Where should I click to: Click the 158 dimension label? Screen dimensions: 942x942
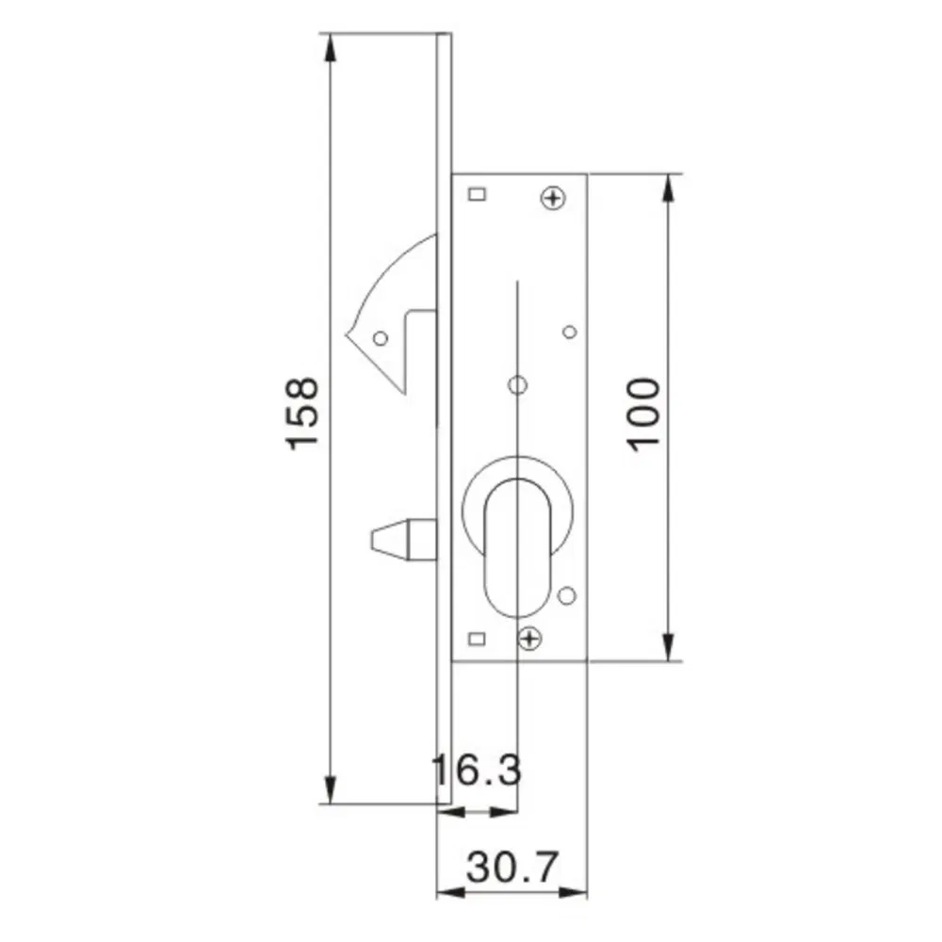pos(303,414)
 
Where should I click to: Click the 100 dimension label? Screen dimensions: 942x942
pos(643,414)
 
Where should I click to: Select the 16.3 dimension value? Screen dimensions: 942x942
pos(477,771)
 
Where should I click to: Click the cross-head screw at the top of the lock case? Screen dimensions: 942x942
pos(553,198)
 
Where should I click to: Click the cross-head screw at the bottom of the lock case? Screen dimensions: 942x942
pos(531,639)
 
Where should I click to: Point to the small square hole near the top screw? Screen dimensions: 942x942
pos(477,195)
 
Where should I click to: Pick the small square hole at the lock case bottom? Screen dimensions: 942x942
pos(477,639)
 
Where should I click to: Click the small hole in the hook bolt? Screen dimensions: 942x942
pos(380,336)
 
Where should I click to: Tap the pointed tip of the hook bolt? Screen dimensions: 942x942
pos(349,332)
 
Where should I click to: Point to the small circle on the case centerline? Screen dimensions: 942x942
pos(516,384)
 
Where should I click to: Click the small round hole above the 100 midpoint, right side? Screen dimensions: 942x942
pos(569,332)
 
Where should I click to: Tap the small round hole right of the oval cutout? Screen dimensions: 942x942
pos(566,595)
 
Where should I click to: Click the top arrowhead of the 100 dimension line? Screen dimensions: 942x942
pos(669,186)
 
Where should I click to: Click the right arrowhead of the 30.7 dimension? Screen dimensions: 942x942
pos(577,889)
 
